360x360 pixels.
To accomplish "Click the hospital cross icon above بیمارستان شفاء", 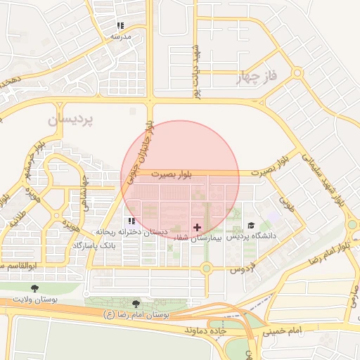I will pos(197,227).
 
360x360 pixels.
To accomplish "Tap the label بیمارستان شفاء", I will pos(198,239).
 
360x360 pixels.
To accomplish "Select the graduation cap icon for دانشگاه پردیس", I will pos(251,225).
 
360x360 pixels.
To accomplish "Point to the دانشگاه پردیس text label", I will pos(254,237).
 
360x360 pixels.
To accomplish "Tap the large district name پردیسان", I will pos(70,120).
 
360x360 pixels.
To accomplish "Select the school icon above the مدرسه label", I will pos(120,25).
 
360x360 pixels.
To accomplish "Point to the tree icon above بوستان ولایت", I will pos(35,288).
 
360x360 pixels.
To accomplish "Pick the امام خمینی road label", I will pos(285,330).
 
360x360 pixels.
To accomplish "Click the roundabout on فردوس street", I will pos(206,268).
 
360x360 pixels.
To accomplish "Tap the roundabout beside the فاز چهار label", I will pos(297,72).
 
